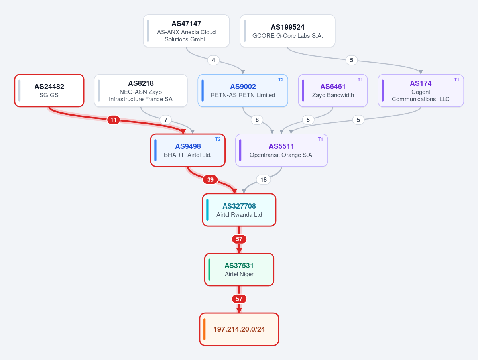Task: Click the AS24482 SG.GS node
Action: pyautogui.click(x=49, y=90)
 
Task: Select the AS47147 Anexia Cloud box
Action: pyautogui.click(x=186, y=31)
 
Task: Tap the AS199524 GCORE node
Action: pyautogui.click(x=287, y=31)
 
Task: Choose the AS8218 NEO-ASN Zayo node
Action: pyautogui.click(x=141, y=90)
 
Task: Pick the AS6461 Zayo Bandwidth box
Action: pyautogui.click(x=332, y=90)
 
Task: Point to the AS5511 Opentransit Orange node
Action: pyautogui.click(x=281, y=150)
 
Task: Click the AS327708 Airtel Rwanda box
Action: pyautogui.click(x=239, y=210)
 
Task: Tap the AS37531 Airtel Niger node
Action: pyautogui.click(x=239, y=270)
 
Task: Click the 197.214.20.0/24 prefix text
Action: pyautogui.click(x=239, y=329)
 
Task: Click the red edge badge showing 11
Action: pyautogui.click(x=113, y=120)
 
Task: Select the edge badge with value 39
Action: pyautogui.click(x=210, y=179)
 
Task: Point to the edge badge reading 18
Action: pyautogui.click(x=264, y=179)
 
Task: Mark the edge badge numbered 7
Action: pyautogui.click(x=165, y=120)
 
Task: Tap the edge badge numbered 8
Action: pyautogui.click(x=257, y=120)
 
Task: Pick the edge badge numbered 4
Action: pyautogui.click(x=213, y=60)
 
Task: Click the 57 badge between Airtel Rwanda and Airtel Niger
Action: pyautogui.click(x=239, y=239)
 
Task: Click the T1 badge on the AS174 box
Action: pyautogui.click(x=456, y=80)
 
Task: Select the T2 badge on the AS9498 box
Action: pyautogui.click(x=218, y=139)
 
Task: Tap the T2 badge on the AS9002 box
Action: pyautogui.click(x=281, y=80)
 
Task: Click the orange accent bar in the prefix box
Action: pyautogui.click(x=204, y=329)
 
